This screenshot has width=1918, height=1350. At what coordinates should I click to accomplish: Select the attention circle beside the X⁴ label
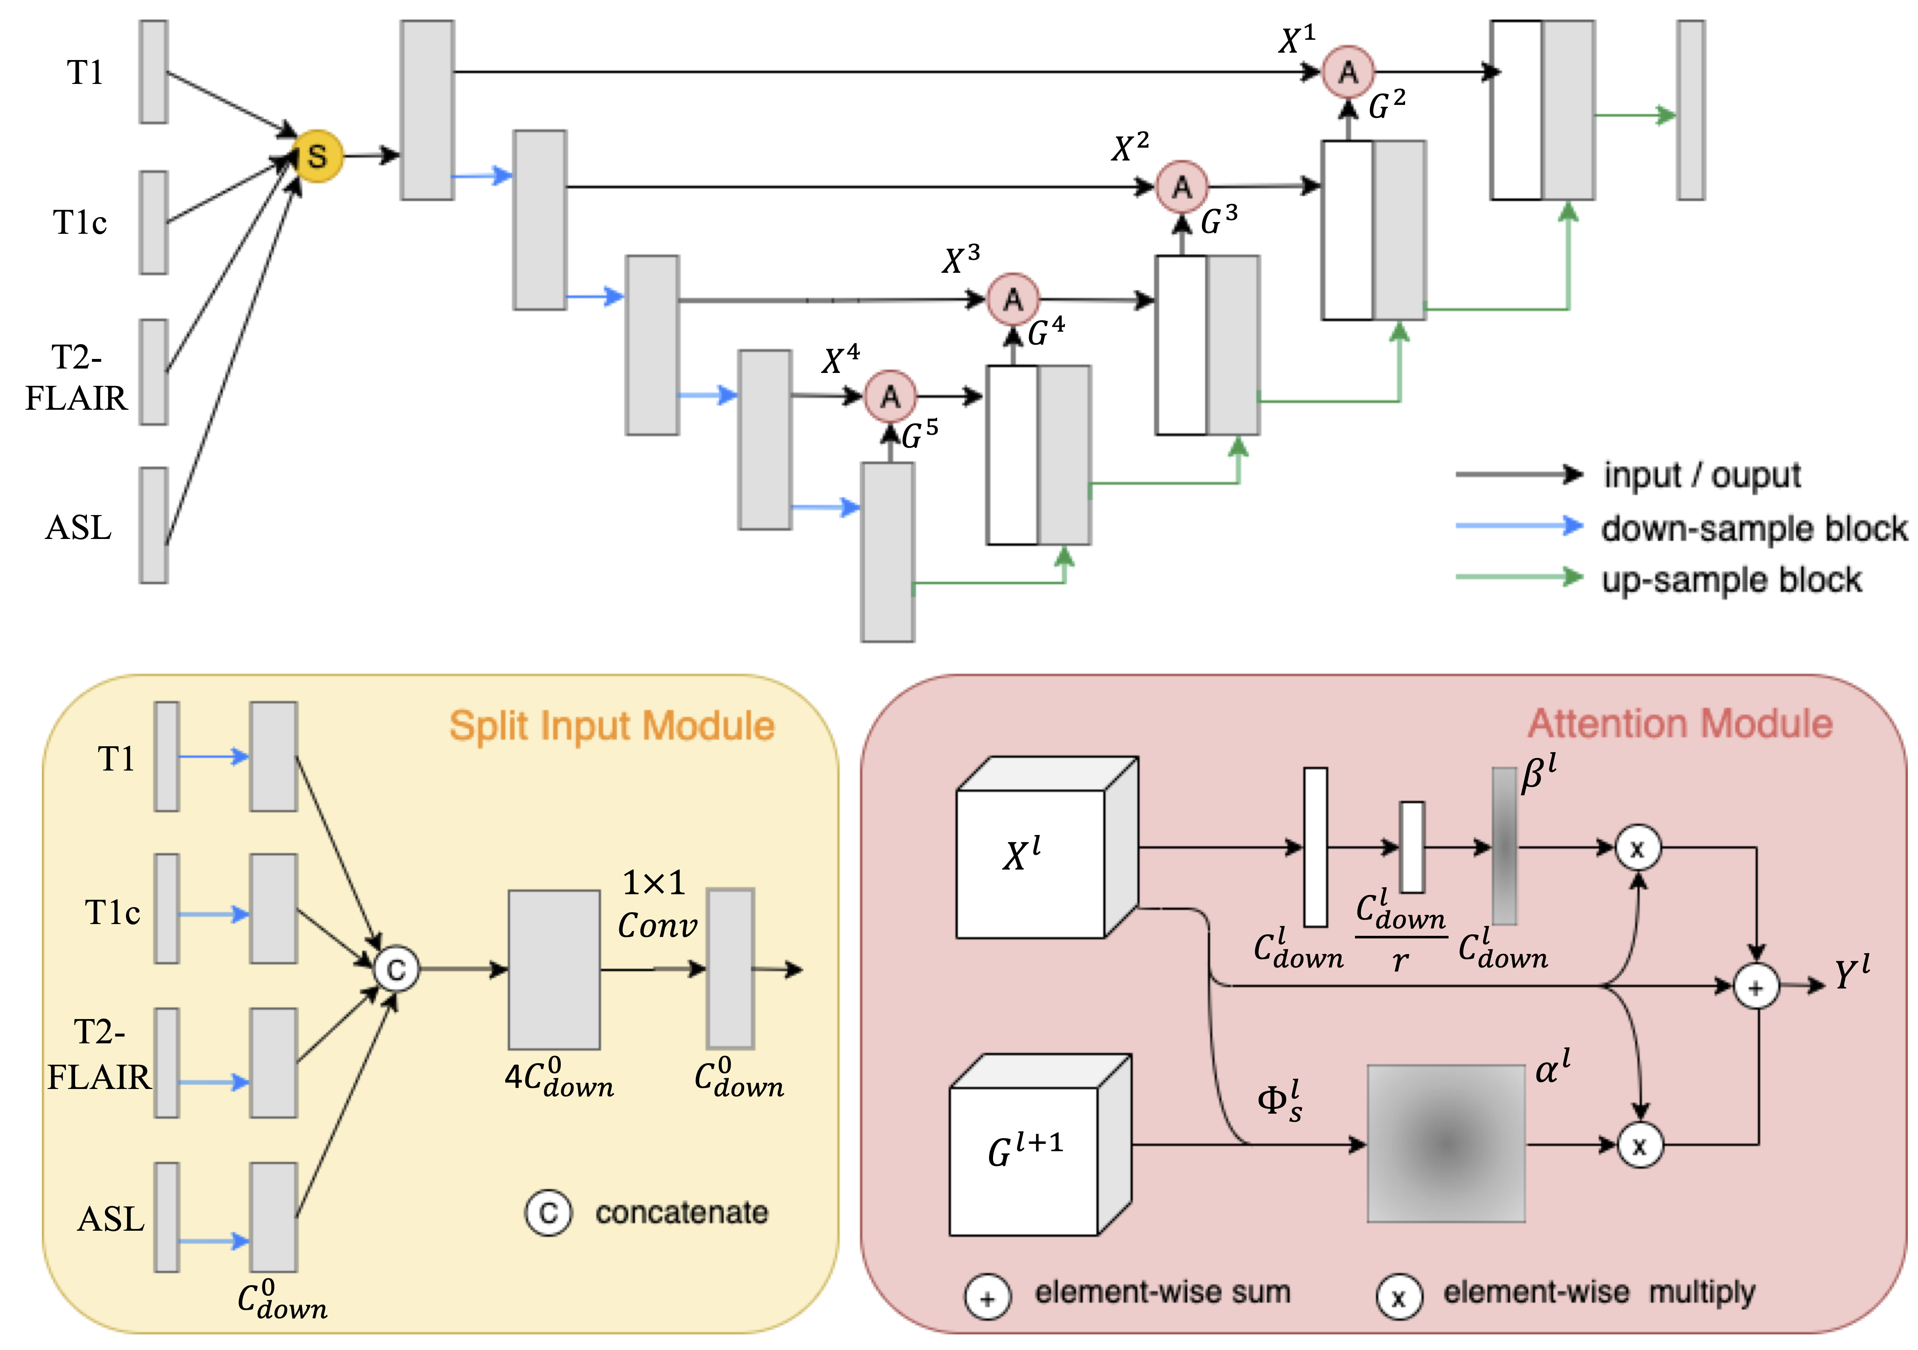click(890, 396)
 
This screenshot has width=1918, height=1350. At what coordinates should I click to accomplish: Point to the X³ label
click(961, 260)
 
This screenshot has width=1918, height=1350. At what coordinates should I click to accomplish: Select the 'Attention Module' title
click(1680, 723)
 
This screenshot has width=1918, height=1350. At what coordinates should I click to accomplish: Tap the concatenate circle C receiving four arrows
click(396, 970)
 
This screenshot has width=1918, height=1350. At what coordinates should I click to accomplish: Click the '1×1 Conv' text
click(657, 905)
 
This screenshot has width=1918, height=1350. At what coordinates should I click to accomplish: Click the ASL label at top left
click(78, 528)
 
